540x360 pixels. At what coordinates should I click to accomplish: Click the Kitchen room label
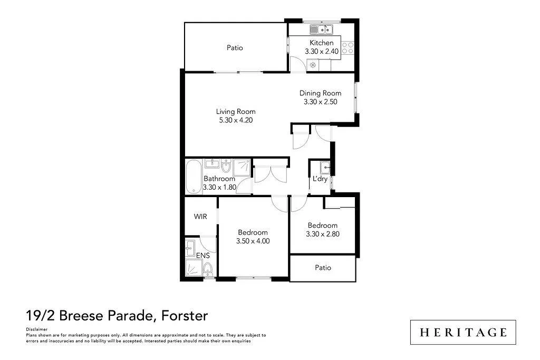321,43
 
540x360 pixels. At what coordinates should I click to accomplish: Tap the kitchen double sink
321,30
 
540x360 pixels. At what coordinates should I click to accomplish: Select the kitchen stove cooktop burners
348,48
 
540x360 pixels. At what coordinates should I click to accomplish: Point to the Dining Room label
320,93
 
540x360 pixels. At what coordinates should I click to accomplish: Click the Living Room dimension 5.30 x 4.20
236,120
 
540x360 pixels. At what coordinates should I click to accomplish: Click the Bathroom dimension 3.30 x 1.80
219,188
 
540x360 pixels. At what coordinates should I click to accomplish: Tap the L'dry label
320,179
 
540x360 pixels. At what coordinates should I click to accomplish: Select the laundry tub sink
325,168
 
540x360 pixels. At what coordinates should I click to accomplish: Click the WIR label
200,217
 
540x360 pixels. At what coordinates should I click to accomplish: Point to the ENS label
203,256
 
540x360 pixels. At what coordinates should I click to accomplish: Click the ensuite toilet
208,269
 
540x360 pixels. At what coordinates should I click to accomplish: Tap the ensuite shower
194,268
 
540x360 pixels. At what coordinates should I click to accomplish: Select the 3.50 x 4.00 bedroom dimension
253,241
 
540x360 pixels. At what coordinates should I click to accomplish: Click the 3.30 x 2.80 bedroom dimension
323,234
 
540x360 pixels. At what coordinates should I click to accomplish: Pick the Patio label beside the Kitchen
235,47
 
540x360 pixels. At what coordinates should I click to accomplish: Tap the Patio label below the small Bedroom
323,267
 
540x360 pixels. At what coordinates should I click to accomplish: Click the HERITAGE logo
463,332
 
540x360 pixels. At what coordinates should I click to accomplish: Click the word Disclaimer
36,329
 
